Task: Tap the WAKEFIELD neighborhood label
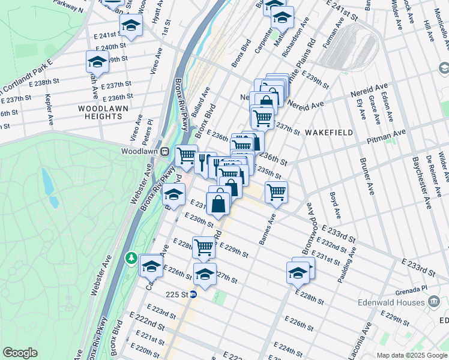coord(327,131)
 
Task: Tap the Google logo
coord(20,353)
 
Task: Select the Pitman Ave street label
coord(391,136)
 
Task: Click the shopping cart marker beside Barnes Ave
coord(276,193)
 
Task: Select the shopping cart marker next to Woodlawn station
coord(187,156)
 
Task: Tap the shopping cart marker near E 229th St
coord(203,246)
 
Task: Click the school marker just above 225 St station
coord(205,274)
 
